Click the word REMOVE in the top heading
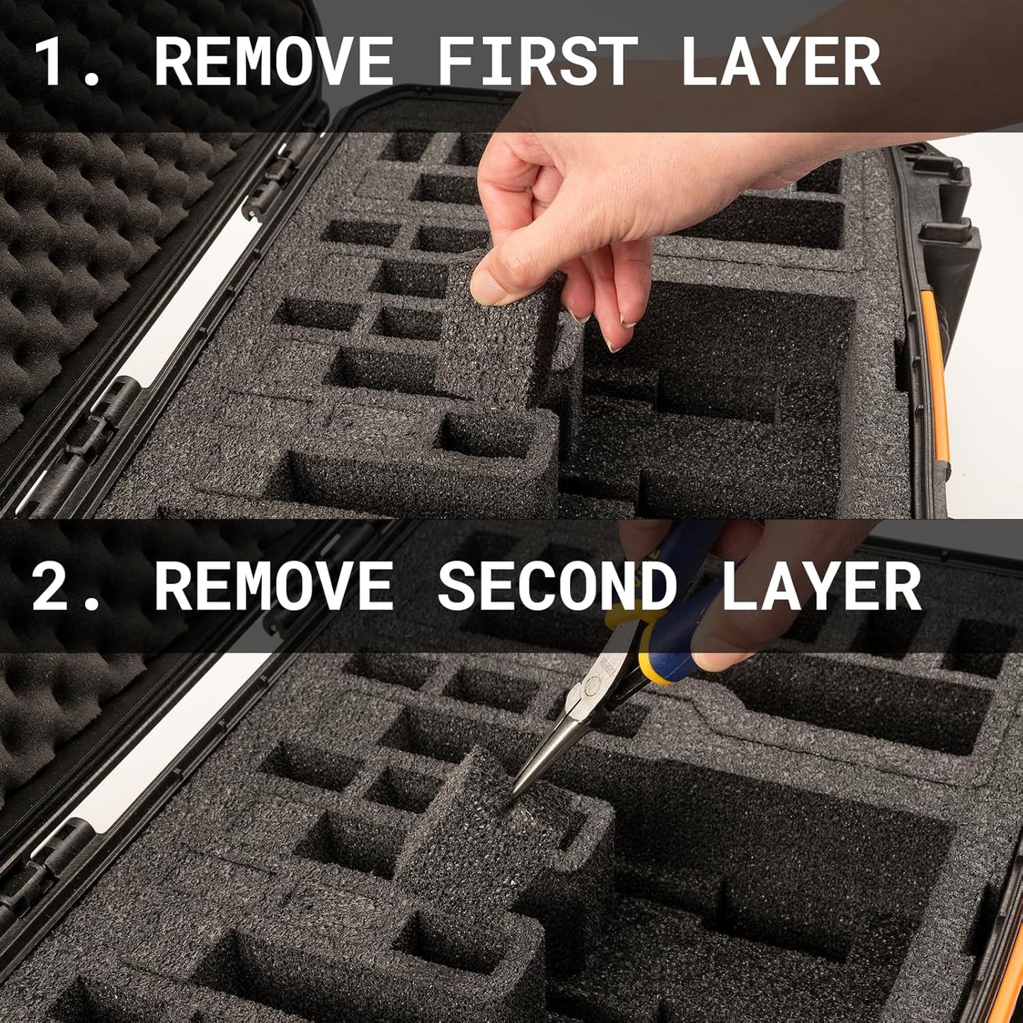[273, 62]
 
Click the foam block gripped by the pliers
[481, 835]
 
